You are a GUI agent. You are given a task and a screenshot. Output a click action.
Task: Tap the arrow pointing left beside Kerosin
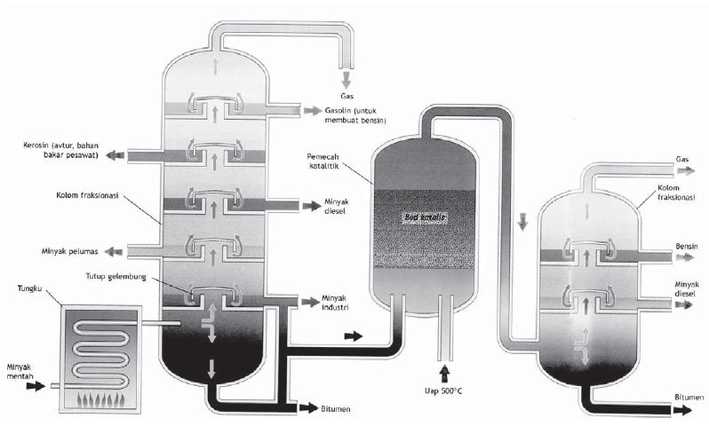tap(115, 155)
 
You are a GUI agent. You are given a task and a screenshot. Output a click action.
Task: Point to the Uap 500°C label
tap(446, 390)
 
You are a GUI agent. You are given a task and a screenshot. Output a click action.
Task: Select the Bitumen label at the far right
tap(689, 397)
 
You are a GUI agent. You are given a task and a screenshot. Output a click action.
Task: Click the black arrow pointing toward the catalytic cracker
tap(354, 336)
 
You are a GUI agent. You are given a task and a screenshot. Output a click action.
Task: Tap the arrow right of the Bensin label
tap(685, 256)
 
